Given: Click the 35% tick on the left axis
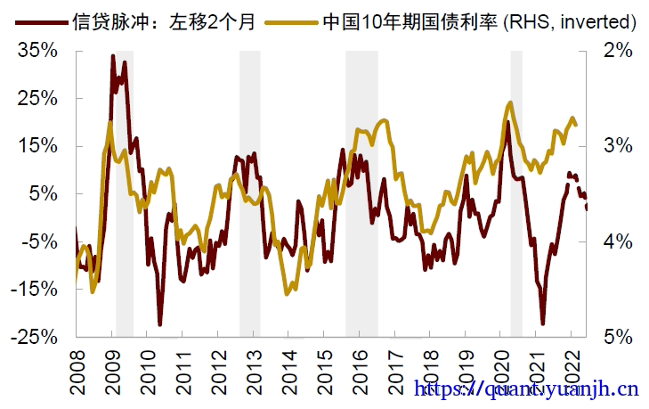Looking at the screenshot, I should pos(37,51).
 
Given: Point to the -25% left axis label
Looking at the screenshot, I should pos(35,337).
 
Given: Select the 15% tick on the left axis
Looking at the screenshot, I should pos(37,146).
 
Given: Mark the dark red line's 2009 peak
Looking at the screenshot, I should pos(113,56).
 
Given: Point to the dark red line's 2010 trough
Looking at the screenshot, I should pos(160,324).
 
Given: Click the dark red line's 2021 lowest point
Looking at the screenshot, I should pos(542,323).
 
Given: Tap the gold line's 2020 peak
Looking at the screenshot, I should pos(508,102).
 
